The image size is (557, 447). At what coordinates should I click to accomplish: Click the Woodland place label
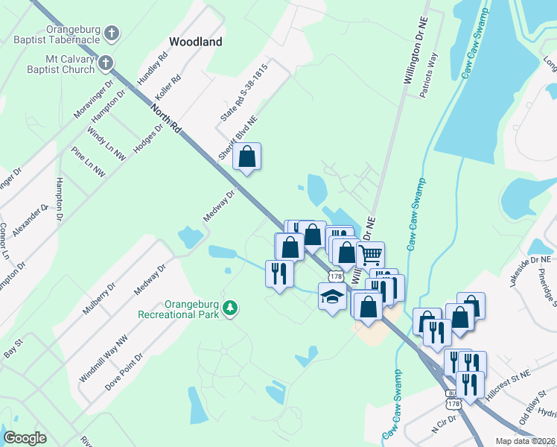tap(196, 42)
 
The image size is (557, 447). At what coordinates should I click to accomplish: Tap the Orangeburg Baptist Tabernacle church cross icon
tap(112, 33)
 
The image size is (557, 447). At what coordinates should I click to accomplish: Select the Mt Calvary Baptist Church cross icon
tap(106, 63)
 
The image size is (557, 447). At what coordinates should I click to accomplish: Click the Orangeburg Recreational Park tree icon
tap(231, 308)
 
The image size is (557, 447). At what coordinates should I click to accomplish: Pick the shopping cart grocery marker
tap(369, 255)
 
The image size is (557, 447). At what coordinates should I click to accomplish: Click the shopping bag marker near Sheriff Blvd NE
tap(247, 156)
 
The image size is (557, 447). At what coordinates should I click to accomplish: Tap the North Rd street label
tap(165, 118)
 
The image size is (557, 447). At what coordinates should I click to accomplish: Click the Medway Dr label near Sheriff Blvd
tap(220, 206)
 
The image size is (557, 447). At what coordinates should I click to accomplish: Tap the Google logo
tap(25, 438)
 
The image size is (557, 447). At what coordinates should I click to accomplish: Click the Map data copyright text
tap(524, 441)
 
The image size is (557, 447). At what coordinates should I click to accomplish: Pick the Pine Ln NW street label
tap(88, 164)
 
